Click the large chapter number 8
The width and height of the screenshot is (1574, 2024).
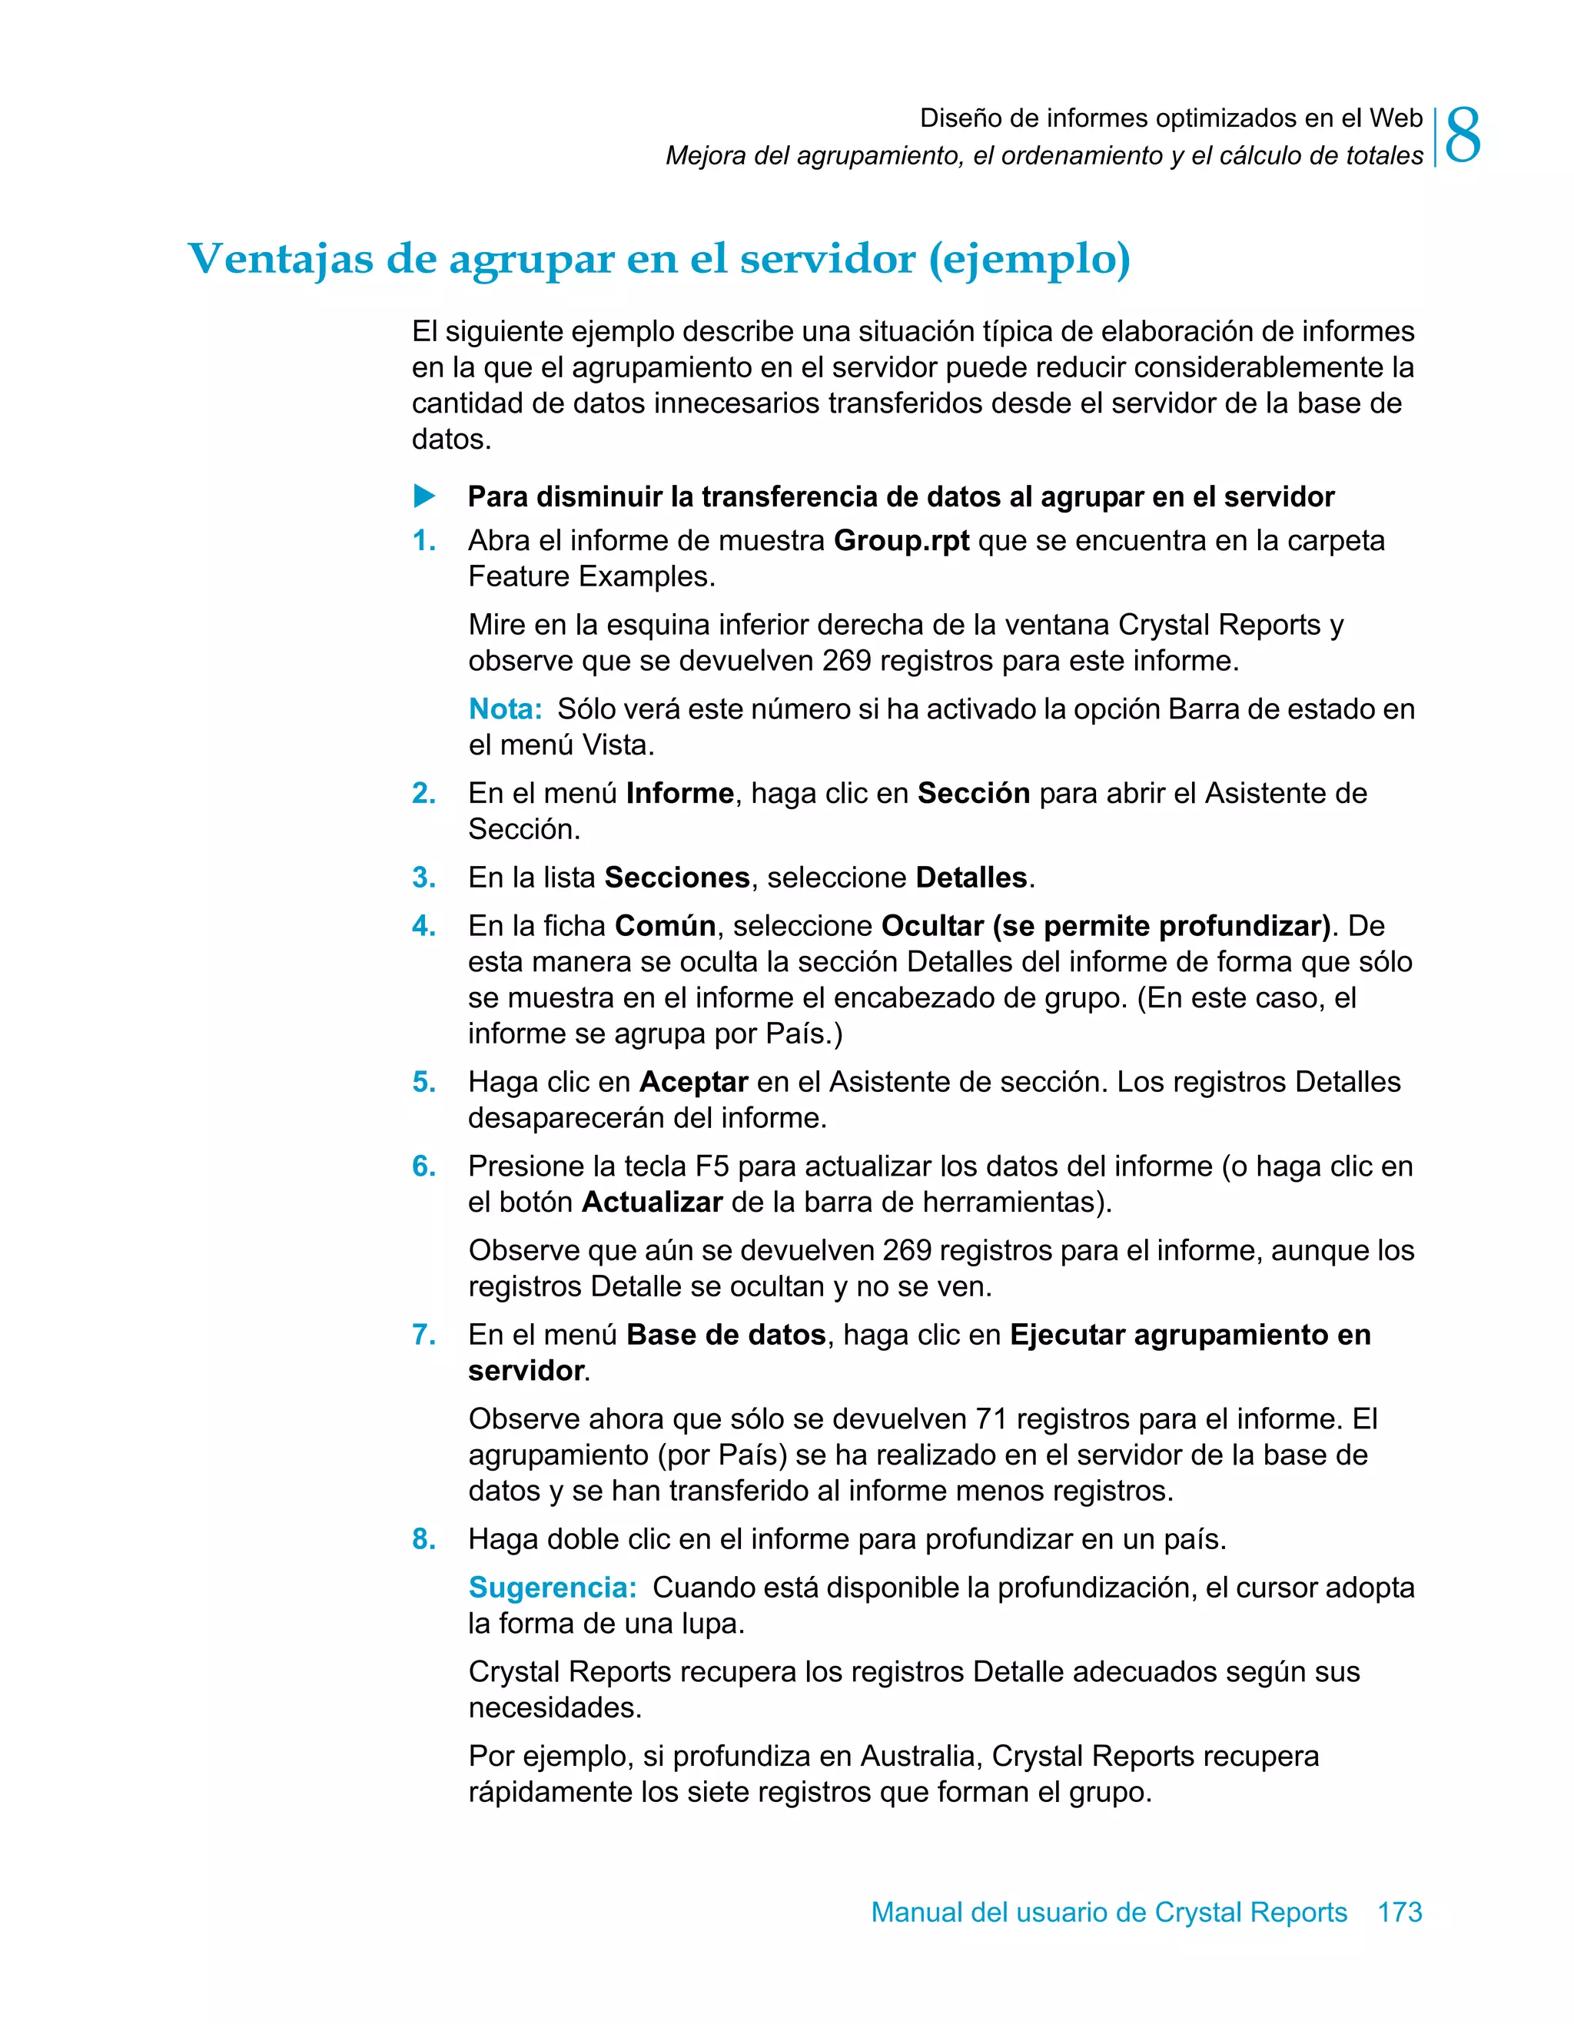1463,136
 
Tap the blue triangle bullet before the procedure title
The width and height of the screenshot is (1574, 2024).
424,496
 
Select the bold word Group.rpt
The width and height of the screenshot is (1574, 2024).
901,540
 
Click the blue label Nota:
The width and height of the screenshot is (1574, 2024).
504,709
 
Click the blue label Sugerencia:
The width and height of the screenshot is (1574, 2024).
553,1588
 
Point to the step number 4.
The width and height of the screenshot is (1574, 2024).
423,926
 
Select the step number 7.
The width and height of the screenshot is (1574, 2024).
423,1335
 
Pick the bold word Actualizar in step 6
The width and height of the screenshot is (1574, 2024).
652,1202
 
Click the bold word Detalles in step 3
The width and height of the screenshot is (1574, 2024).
971,878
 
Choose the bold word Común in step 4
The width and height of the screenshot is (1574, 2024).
665,926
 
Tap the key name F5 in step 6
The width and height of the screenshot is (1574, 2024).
712,1166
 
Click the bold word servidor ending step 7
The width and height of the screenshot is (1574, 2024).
526,1371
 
